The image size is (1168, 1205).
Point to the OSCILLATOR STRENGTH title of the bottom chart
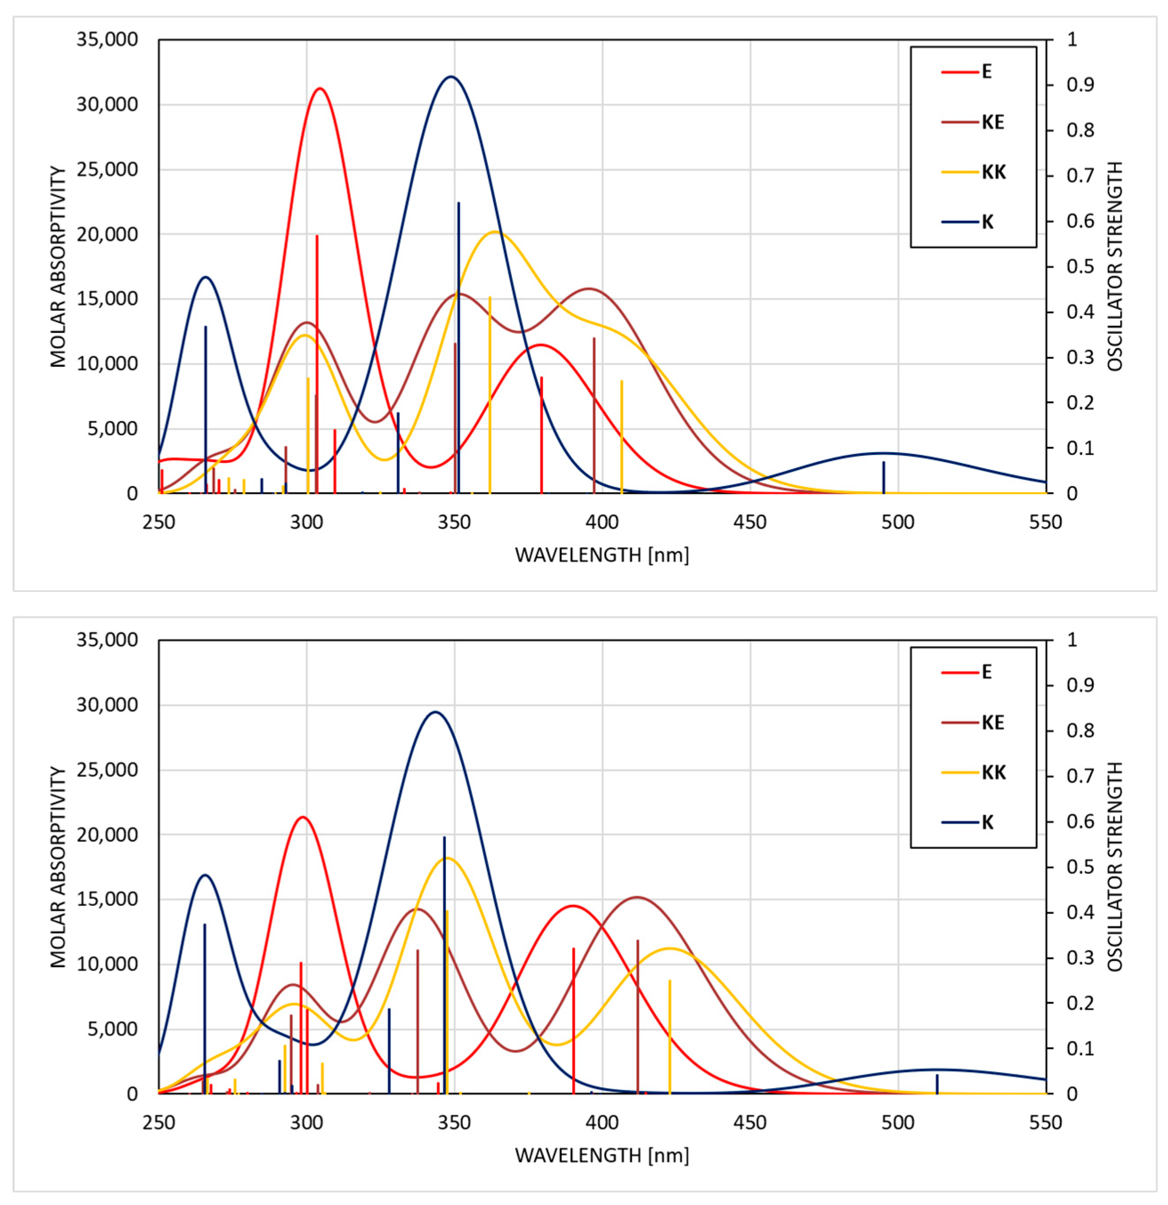tap(1115, 867)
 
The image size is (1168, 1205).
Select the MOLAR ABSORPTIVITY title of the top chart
tap(58, 267)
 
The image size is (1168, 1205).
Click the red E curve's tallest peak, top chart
tap(319, 88)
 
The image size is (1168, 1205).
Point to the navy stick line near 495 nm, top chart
tap(884, 477)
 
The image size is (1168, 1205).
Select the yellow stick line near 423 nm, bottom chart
tap(670, 1036)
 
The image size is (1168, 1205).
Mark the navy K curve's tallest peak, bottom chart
tap(435, 712)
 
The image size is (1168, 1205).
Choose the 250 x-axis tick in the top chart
tap(159, 522)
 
